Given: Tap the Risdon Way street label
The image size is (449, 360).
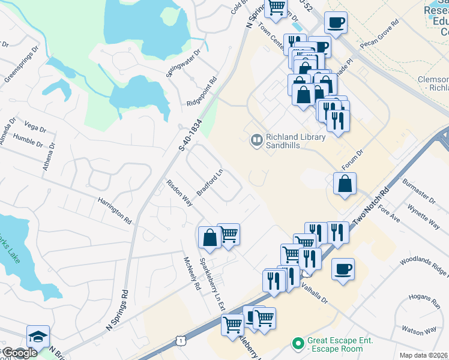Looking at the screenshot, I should [x=179, y=193].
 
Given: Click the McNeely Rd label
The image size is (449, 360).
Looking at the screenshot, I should [x=191, y=274].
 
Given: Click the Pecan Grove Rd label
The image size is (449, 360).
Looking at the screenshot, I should [x=380, y=37].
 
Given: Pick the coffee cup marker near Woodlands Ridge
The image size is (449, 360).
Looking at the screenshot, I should [x=343, y=269].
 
